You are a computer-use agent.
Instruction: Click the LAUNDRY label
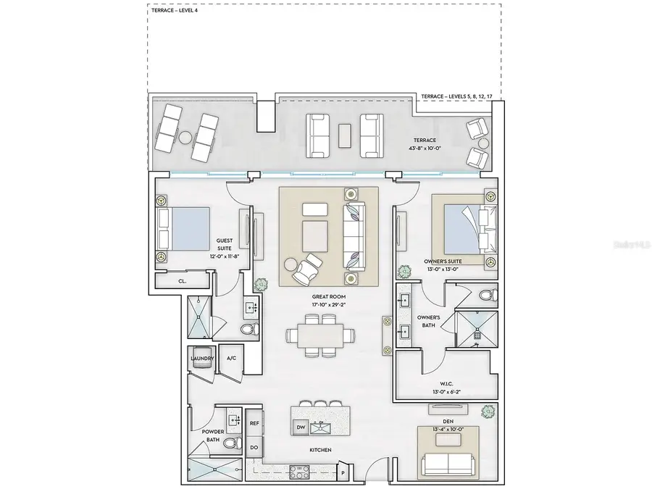tap(201, 359)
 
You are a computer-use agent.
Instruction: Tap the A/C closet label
tap(232, 359)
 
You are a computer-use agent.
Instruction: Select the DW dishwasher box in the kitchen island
tap(301, 427)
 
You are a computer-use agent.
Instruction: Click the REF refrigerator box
tap(254, 422)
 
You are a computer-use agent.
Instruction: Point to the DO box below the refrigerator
tap(254, 447)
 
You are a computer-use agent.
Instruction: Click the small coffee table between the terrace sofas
tap(345, 133)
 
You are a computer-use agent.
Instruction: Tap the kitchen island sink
tap(320, 428)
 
